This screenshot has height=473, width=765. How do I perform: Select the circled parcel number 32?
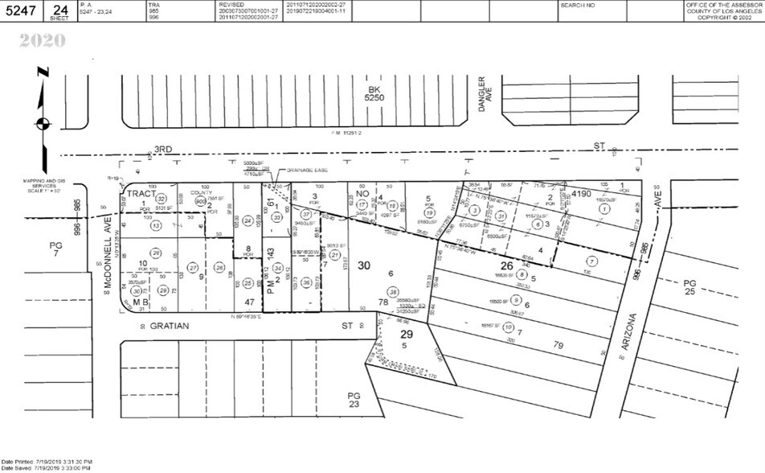pos(161,199)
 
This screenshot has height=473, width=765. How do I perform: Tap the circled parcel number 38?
pos(393,291)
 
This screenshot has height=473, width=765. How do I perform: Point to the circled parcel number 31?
pos(501,215)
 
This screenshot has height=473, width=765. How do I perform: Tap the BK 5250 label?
pos(373,93)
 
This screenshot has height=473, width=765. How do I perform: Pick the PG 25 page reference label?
pos(690,286)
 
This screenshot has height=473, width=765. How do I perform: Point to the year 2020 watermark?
pos(43,39)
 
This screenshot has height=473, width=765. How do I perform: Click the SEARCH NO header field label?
pos(579,5)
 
